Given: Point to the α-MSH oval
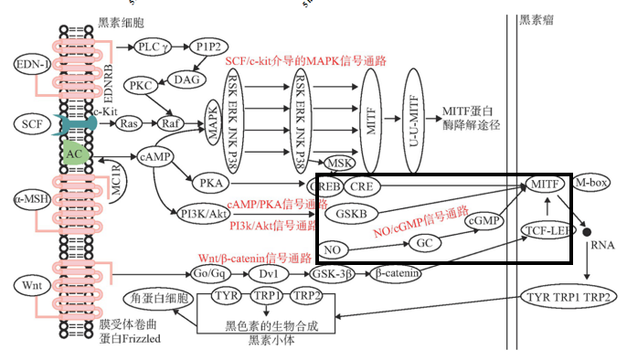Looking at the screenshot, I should (x=30, y=197).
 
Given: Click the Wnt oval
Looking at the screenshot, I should (x=29, y=286).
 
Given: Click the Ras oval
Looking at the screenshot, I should (x=130, y=122).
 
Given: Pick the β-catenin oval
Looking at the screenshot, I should (x=396, y=272).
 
